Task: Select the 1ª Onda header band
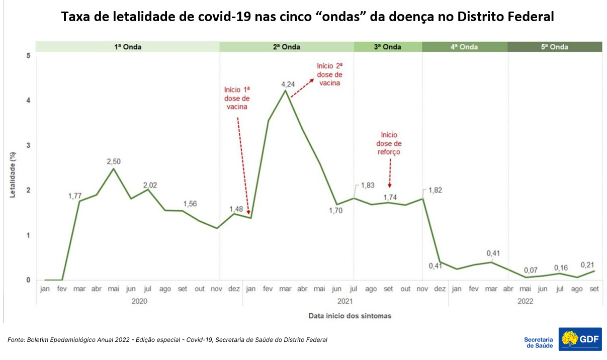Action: point(128,47)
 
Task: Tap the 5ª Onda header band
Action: point(555,47)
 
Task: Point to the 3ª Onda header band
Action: point(388,47)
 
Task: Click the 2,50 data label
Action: point(114,161)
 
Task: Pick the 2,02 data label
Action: point(150,185)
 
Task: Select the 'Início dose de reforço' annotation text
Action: point(389,143)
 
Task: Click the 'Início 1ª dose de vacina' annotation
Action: point(237,98)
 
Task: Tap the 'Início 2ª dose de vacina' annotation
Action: point(329,74)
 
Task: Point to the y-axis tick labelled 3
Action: point(28,145)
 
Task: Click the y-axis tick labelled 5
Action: point(28,56)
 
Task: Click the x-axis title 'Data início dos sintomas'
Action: point(350,316)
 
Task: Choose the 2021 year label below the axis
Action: point(345,302)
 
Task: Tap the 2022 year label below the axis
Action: point(525,302)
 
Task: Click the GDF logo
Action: point(580,340)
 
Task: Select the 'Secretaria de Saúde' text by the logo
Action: point(538,342)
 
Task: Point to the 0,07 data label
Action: point(526,269)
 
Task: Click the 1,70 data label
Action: point(335,211)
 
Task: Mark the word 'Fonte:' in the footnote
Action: point(17,340)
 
